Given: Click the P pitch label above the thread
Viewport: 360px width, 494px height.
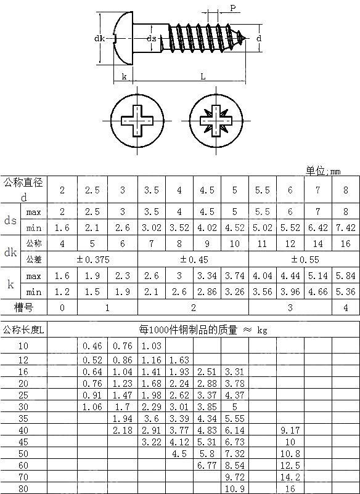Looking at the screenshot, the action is [232, 8].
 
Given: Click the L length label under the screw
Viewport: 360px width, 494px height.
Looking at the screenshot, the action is [203, 76].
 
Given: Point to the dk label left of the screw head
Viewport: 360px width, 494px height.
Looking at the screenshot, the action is [99, 39].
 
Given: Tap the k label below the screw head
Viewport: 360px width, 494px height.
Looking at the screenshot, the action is [124, 76].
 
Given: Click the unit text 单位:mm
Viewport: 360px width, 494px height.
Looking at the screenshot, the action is [322, 171].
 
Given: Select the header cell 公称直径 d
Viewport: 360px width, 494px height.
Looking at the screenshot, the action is [23, 189].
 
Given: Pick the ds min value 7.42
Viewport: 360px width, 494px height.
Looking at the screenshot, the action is [345, 228].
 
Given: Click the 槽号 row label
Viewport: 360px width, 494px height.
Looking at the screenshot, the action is [23, 307].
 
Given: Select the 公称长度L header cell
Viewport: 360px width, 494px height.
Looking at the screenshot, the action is [23, 330].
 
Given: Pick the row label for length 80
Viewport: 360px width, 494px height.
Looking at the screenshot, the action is [23, 488].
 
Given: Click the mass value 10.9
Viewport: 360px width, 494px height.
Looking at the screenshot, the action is [234, 488].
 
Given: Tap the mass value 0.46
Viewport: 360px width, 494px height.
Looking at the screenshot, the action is [92, 346].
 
